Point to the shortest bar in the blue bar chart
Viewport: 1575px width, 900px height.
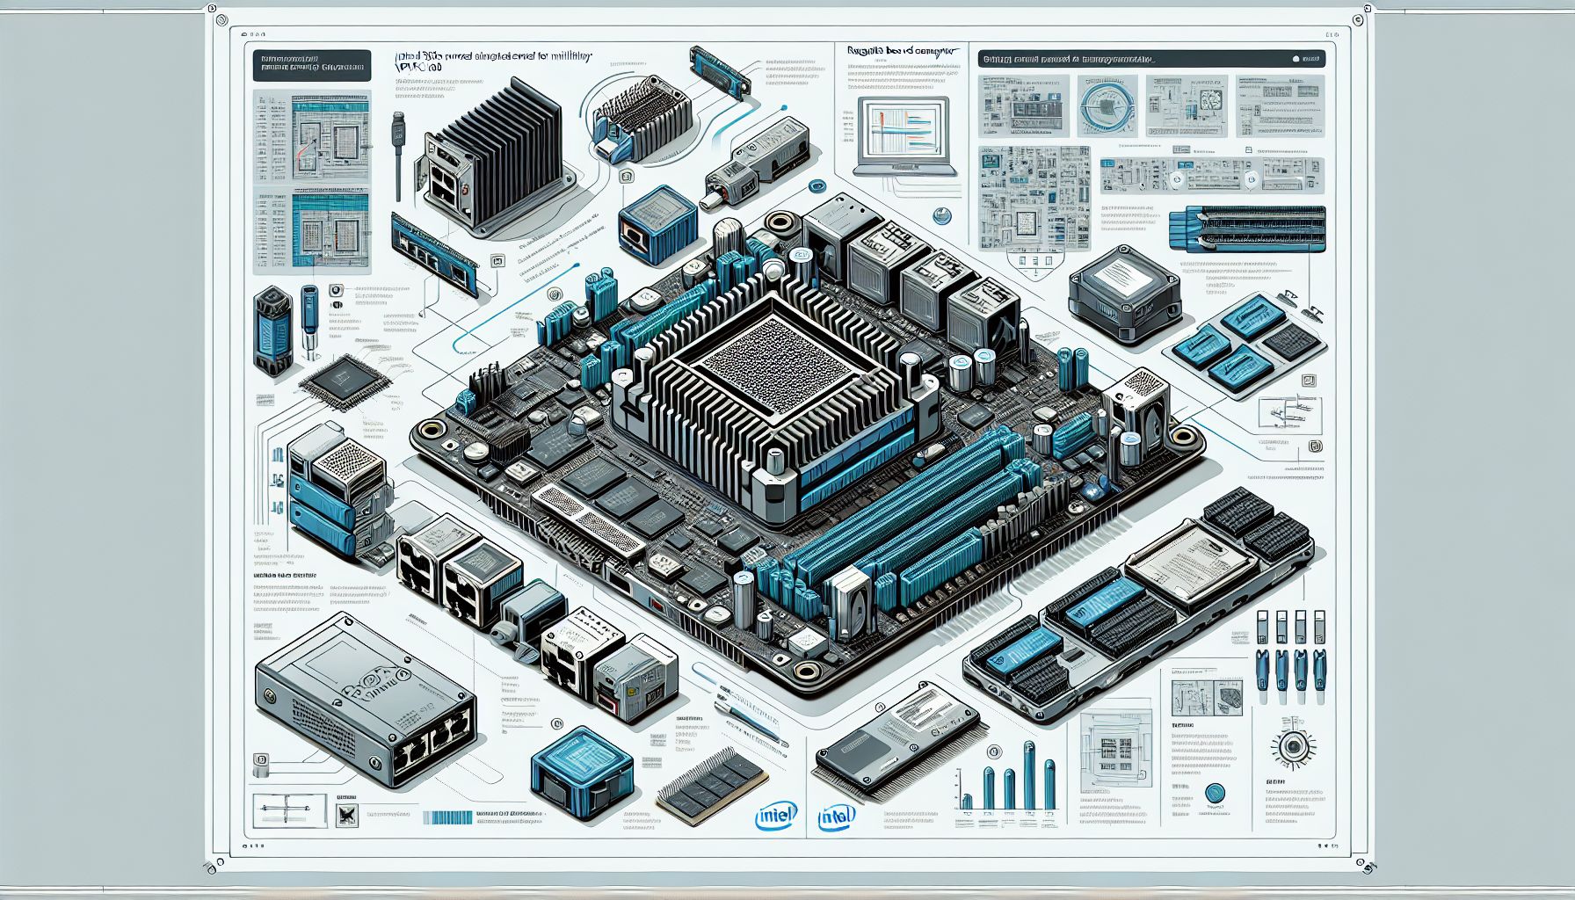968,801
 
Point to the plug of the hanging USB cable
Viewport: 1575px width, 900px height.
398,133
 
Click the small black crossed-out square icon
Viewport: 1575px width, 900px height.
348,816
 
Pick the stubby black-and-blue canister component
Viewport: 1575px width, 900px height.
272,331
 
